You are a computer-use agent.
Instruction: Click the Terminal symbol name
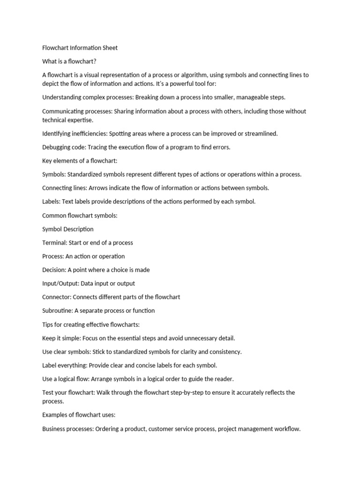pos(54,243)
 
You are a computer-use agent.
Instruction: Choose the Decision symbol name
pos(54,270)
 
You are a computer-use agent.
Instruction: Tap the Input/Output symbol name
pos(60,284)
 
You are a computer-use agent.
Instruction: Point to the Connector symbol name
pos(57,297)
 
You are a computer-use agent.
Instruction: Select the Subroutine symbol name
pos(58,311)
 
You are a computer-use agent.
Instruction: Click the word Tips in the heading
pos(48,324)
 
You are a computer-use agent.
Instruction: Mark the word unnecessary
pos(199,338)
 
